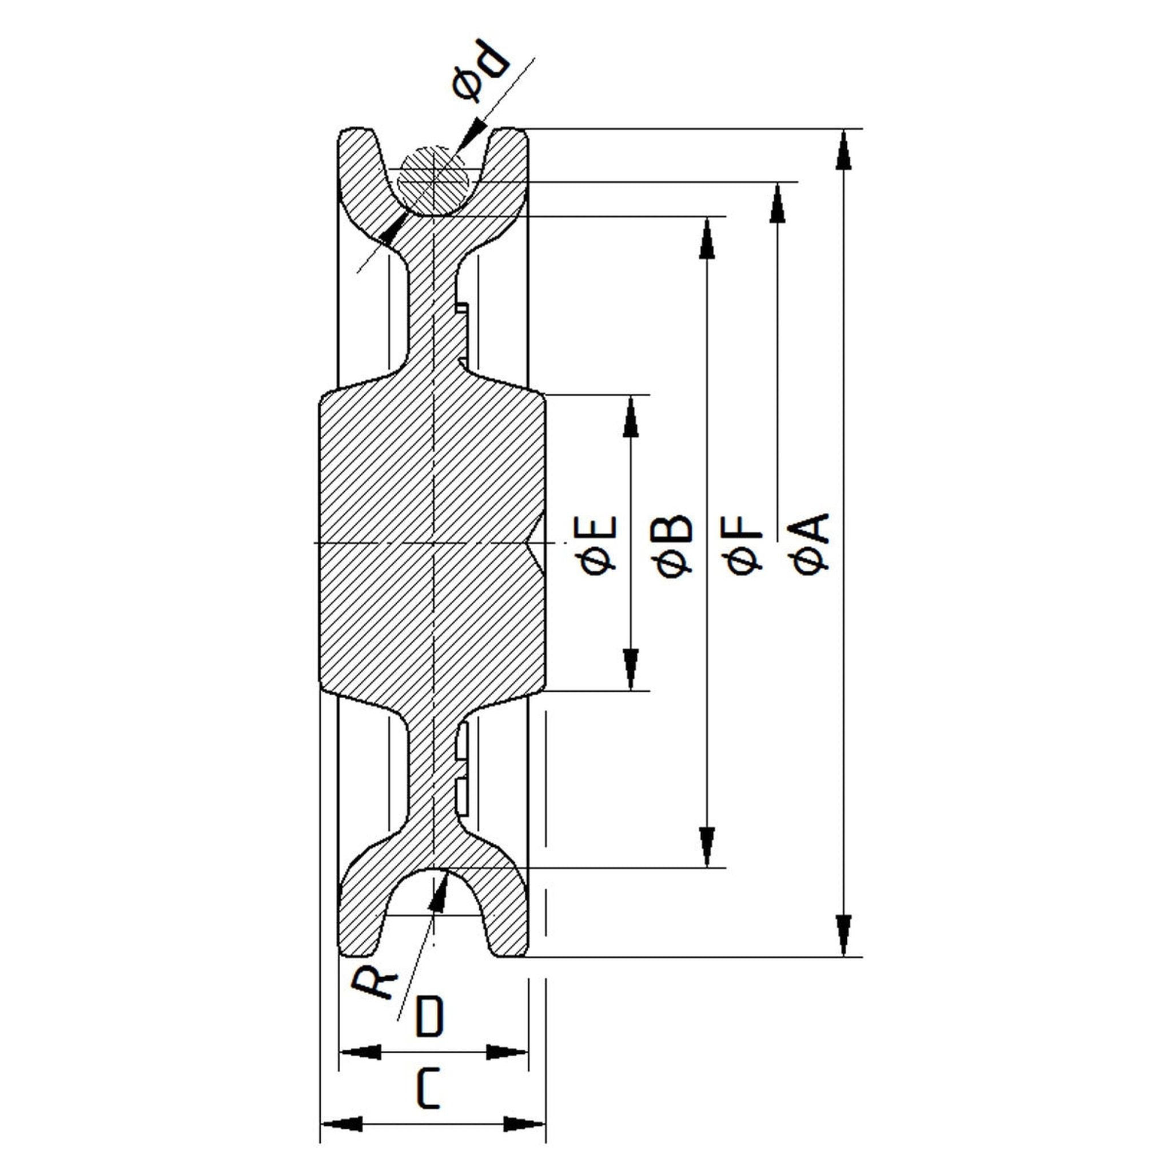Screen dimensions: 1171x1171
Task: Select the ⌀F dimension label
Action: click(744, 544)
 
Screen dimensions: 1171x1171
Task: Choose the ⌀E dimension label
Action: click(599, 544)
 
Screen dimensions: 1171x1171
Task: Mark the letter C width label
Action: click(428, 1089)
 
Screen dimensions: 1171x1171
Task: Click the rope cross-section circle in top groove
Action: click(434, 181)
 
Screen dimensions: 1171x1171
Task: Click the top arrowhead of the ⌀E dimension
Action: click(630, 416)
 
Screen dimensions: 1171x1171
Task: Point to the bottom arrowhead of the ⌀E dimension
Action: click(630, 669)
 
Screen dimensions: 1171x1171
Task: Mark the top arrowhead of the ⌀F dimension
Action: click(777, 203)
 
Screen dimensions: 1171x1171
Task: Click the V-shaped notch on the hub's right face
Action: click(537, 543)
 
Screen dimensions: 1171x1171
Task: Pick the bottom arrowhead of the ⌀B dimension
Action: click(706, 846)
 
